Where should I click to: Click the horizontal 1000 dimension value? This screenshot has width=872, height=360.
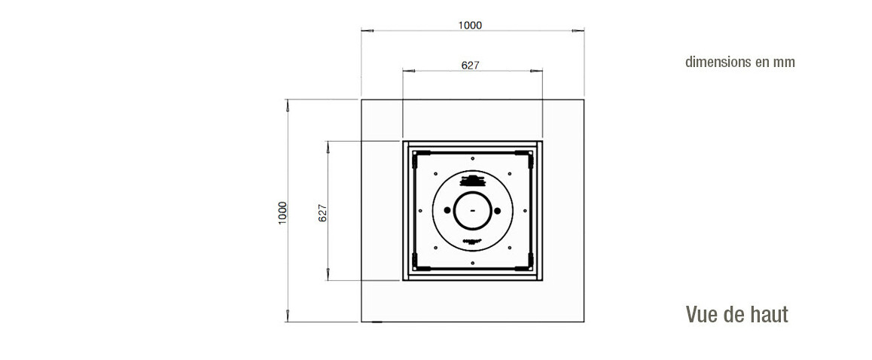(x=470, y=25)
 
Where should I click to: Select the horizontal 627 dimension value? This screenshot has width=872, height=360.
(x=471, y=65)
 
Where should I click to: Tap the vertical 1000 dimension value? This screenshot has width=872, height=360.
(x=282, y=212)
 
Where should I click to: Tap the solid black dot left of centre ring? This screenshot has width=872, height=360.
(x=447, y=210)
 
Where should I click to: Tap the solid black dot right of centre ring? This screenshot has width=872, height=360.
(x=497, y=210)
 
